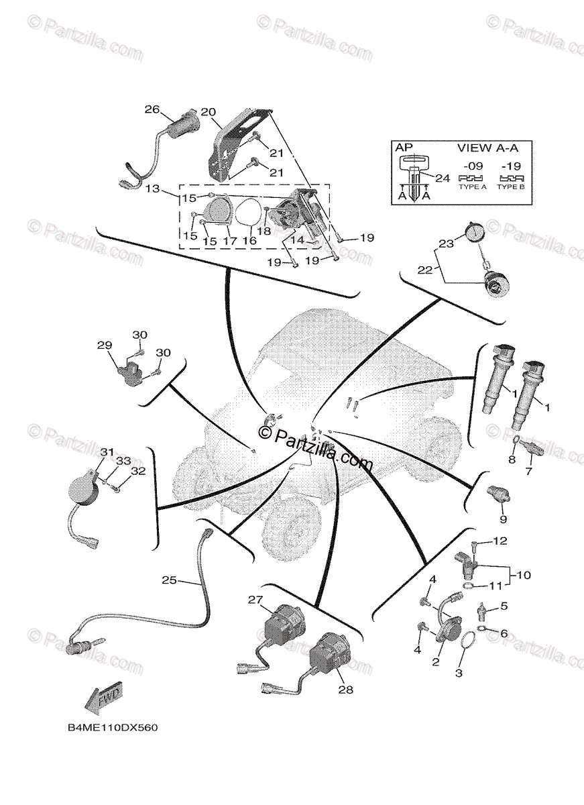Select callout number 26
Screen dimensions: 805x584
click(152, 109)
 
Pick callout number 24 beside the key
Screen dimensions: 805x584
click(443, 178)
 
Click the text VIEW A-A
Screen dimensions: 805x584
click(483, 147)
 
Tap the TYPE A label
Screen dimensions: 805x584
click(472, 187)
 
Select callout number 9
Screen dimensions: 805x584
click(503, 519)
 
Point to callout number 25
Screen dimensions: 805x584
click(169, 580)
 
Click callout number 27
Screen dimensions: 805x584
click(256, 600)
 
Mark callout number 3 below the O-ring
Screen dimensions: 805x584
click(459, 673)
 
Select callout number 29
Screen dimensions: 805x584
click(105, 345)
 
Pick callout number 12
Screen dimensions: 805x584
click(501, 541)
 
